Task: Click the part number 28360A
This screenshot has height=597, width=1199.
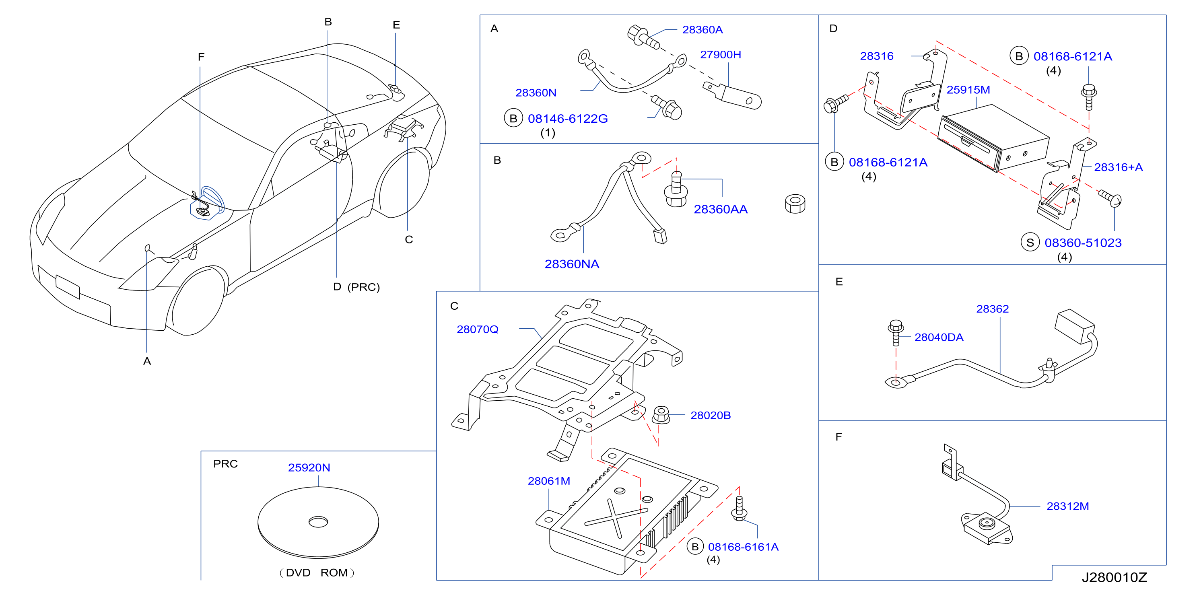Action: click(703, 30)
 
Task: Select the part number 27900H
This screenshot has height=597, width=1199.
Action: click(721, 54)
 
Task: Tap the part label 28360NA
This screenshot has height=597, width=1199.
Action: click(572, 264)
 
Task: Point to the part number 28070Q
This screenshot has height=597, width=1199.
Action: click(478, 329)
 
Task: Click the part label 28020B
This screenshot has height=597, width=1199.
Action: click(710, 415)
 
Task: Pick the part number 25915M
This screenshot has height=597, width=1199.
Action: click(968, 90)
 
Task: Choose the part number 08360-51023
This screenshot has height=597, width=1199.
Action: click(1083, 243)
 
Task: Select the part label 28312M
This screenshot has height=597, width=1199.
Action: click(1068, 506)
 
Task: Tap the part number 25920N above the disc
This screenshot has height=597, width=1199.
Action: click(309, 467)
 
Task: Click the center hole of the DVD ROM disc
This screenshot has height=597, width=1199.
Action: click(318, 522)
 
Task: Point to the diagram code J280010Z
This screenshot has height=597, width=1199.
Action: click(1114, 577)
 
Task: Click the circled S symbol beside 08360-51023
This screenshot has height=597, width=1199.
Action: click(1030, 243)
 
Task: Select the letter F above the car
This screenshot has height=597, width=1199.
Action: click(201, 57)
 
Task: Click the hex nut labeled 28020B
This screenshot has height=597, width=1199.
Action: click(661, 415)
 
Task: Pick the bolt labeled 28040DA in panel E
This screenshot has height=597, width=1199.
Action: click(896, 332)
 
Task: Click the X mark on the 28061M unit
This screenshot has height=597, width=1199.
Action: click(616, 517)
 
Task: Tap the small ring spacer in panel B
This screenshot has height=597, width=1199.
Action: click(795, 204)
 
